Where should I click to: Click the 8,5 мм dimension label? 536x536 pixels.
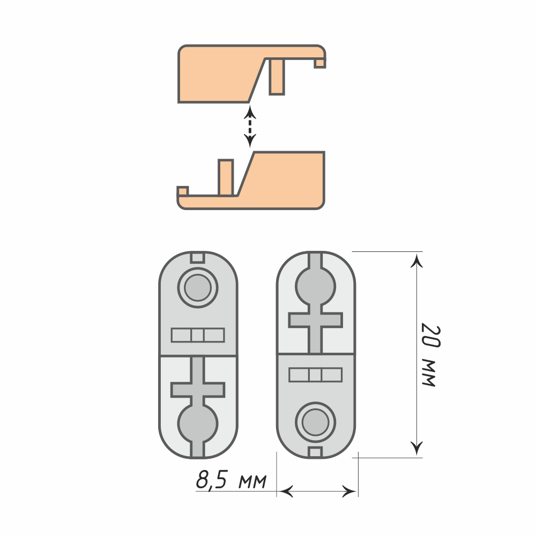231,480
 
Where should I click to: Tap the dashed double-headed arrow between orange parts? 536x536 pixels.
250,126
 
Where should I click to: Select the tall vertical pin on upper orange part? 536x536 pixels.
277,77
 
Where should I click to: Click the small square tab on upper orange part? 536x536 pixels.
320,63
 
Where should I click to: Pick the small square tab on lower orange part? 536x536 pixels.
183,191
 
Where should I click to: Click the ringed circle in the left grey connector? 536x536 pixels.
198,287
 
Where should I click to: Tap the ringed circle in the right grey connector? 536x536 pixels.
316,422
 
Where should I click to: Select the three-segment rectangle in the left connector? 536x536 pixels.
198,335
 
